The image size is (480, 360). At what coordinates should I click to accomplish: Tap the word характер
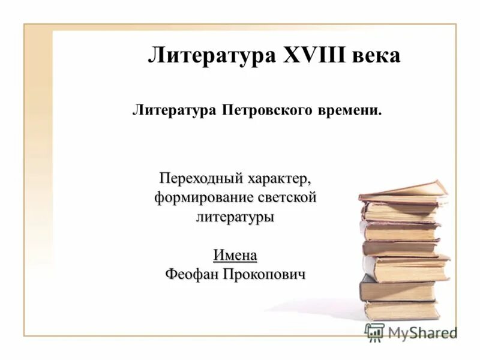click(278, 178)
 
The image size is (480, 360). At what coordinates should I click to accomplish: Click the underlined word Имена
click(235, 255)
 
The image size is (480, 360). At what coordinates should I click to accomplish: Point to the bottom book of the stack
click(401, 310)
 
